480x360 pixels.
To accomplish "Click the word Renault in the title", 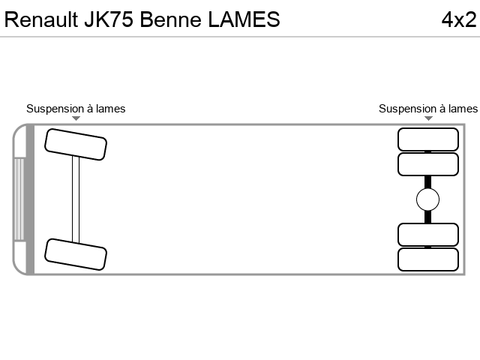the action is click(x=41, y=19).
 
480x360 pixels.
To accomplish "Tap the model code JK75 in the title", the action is click(x=109, y=19).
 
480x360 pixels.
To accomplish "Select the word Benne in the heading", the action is click(x=170, y=19).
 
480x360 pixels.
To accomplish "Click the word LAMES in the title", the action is click(x=244, y=19).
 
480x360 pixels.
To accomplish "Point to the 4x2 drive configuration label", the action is click(x=459, y=19).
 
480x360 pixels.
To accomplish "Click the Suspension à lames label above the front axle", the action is click(x=76, y=109).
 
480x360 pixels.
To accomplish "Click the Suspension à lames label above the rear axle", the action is click(x=428, y=109).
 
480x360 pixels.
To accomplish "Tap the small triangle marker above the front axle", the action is click(x=76, y=118).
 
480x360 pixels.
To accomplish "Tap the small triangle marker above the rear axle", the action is click(x=428, y=118).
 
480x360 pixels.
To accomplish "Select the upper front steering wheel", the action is click(x=76, y=145).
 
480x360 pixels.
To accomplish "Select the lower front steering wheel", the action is click(x=76, y=254).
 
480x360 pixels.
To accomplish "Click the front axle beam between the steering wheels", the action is click(x=76, y=199).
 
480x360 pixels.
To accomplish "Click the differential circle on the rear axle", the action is click(x=428, y=199).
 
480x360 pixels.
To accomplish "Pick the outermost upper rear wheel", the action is click(x=428, y=139).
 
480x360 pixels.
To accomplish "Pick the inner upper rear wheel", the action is click(x=428, y=164).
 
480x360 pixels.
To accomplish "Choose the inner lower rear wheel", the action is click(x=428, y=235).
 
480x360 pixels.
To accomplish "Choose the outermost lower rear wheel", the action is click(x=428, y=259).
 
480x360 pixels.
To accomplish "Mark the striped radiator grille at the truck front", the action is click(x=19, y=199).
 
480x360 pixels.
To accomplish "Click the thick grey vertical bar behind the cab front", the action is click(x=30, y=199).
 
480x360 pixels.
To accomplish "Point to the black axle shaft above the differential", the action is click(x=428, y=182).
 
